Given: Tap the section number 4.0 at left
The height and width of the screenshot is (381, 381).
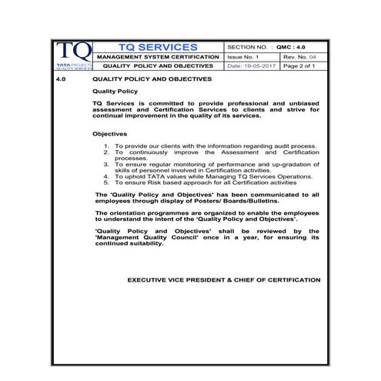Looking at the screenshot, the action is coord(63,79).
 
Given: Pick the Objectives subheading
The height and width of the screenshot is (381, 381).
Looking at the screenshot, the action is coord(109,133).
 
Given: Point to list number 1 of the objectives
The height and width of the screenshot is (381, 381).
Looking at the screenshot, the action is coord(106,145).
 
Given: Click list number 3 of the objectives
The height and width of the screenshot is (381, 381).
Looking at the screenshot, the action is coord(106,164).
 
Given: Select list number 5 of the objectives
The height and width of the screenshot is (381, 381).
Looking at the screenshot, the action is coord(106,182).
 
